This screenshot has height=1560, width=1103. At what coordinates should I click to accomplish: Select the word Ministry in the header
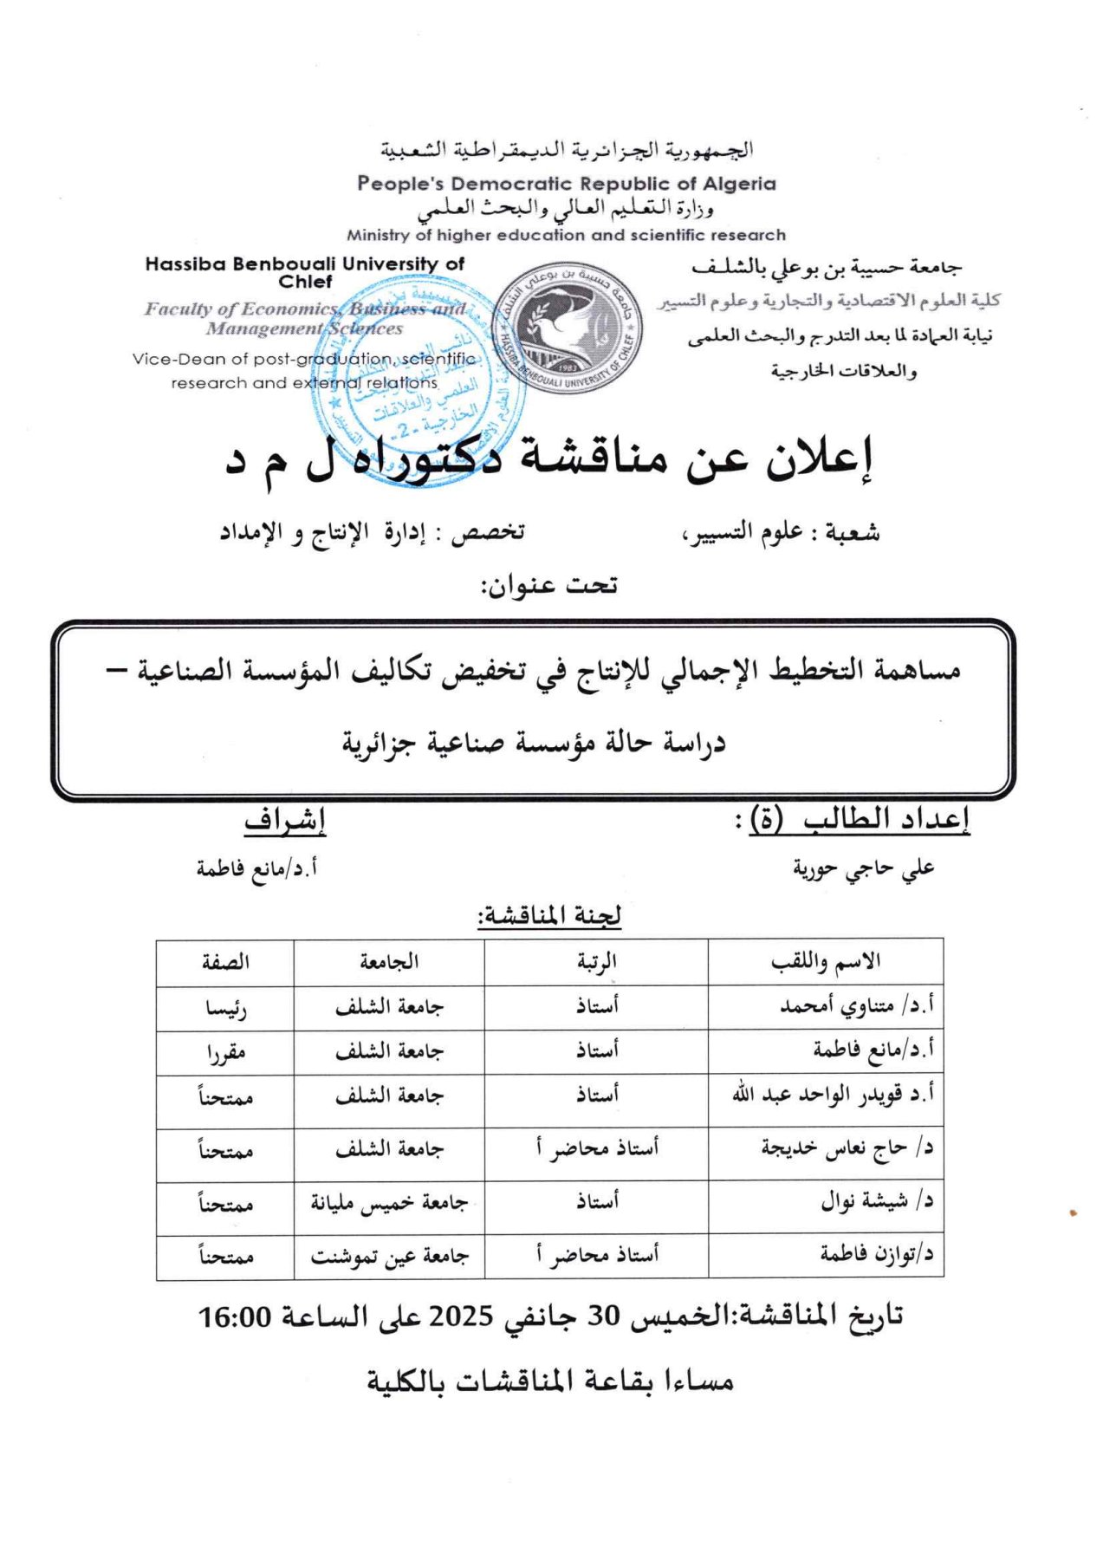[378, 235]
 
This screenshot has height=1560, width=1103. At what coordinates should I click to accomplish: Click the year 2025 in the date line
[461, 1317]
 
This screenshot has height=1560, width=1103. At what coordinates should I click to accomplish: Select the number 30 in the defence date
[606, 1317]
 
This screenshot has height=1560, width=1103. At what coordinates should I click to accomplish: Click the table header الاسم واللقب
[825, 962]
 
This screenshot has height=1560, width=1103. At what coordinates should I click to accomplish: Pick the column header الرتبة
[596, 962]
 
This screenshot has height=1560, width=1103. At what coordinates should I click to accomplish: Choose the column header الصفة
[225, 962]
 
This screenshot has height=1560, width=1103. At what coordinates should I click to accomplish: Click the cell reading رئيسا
[225, 1009]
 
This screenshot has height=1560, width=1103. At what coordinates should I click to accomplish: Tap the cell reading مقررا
[225, 1053]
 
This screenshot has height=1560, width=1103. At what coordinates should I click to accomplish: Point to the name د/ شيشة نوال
[876, 1202]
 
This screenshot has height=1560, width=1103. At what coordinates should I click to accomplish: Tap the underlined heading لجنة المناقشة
[549, 916]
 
